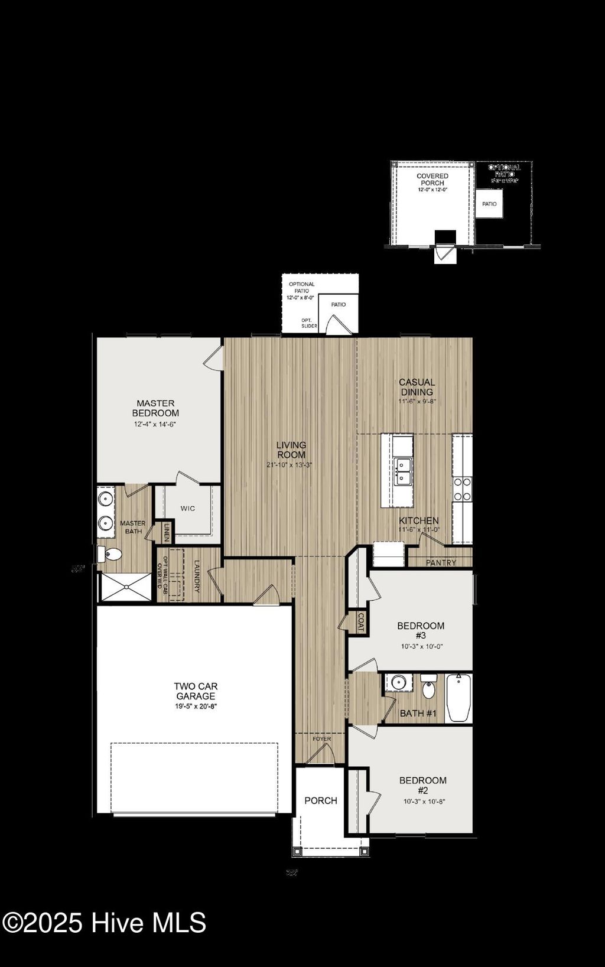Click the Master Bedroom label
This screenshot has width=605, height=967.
pyautogui.click(x=155, y=408)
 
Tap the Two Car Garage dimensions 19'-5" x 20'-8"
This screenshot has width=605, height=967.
pyautogui.click(x=196, y=706)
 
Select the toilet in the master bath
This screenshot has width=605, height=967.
pyautogui.click(x=110, y=554)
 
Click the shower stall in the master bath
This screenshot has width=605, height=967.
pyautogui.click(x=125, y=587)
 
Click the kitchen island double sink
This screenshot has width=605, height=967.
pyautogui.click(x=404, y=471)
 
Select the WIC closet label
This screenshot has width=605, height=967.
pyautogui.click(x=188, y=509)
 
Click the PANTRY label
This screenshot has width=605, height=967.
pyautogui.click(x=441, y=562)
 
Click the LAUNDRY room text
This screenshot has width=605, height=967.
pyautogui.click(x=197, y=577)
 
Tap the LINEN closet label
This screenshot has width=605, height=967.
pyautogui.click(x=167, y=532)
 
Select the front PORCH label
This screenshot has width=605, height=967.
pyautogui.click(x=321, y=800)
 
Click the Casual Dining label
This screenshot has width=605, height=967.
pyautogui.click(x=417, y=387)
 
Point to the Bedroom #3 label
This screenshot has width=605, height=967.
pyautogui.click(x=421, y=630)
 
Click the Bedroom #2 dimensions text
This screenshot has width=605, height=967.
pyautogui.click(x=424, y=802)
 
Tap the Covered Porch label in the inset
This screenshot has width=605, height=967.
pyautogui.click(x=432, y=180)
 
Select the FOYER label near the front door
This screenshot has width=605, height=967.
pyautogui.click(x=322, y=739)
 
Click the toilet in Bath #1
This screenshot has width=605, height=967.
pyautogui.click(x=430, y=689)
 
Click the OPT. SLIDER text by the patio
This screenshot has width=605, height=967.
pyautogui.click(x=309, y=323)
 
